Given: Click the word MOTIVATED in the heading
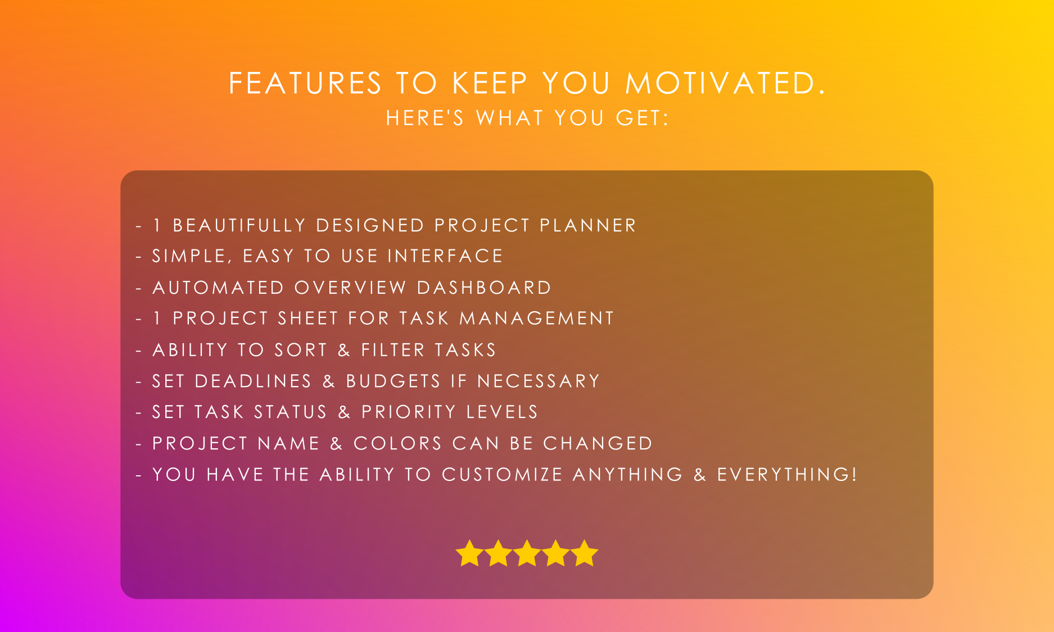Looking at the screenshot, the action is coord(725,83).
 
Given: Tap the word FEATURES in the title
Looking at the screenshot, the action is coord(305,83).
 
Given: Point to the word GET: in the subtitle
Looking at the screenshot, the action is coord(643,118).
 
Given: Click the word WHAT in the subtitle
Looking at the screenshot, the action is coord(510,118).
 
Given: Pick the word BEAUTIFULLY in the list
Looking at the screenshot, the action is coord(239,225).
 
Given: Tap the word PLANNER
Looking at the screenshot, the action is coord(587,225).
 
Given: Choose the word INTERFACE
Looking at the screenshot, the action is coord(445,256).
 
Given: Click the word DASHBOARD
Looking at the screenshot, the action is coord(484,288).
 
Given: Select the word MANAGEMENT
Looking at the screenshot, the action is coord(537,319).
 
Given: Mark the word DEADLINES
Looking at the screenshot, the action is coord(253,381).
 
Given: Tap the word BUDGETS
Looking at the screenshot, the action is coord(393,381).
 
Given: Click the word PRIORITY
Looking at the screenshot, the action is coord(409,412).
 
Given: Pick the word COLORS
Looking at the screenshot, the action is coord(397,444).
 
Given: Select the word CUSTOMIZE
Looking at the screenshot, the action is coord(502,475).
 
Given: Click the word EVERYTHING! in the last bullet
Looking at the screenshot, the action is coord(787,475).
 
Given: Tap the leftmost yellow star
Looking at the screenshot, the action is coord(469,553).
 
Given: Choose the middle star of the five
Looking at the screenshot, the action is coord(527,553).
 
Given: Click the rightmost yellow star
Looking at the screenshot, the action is coord(585,553).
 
